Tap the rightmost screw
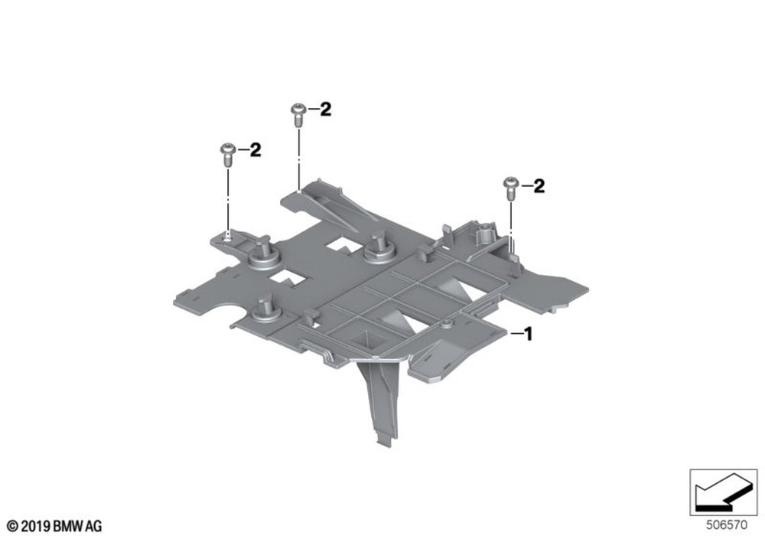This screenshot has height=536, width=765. pyautogui.click(x=509, y=188)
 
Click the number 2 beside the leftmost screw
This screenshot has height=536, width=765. pyautogui.click(x=256, y=150)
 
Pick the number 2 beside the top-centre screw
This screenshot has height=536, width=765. pyautogui.click(x=325, y=109)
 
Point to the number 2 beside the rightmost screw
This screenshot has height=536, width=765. pyautogui.click(x=539, y=186)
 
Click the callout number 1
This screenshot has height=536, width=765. pyautogui.click(x=527, y=335)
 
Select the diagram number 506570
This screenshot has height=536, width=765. pyautogui.click(x=727, y=525)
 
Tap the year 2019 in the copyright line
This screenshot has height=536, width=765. pyautogui.click(x=37, y=526)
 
